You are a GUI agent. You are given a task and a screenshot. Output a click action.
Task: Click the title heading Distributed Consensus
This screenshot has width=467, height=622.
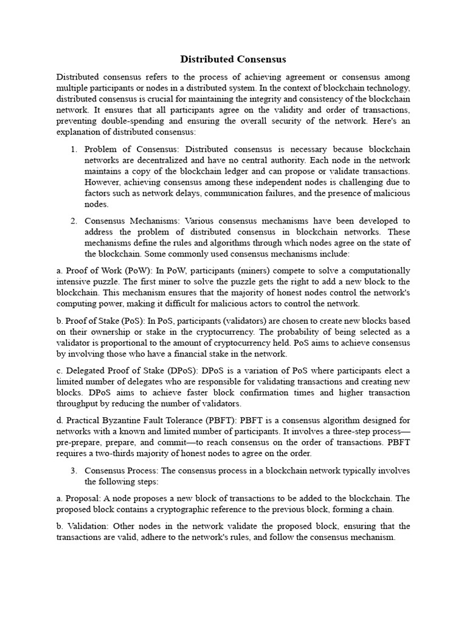[x=233, y=60]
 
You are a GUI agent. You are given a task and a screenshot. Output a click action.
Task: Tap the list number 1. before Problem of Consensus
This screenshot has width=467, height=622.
[x=73, y=149]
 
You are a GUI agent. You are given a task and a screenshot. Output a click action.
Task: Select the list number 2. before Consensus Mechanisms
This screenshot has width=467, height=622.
[x=73, y=220]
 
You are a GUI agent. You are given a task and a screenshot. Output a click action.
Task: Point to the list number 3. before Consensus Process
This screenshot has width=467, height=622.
[x=73, y=471]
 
